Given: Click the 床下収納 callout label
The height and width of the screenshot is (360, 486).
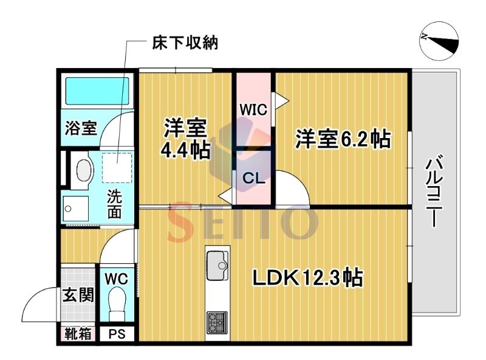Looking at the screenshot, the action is pos(185,43).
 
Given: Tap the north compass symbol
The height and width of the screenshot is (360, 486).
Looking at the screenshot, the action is pos(439,41).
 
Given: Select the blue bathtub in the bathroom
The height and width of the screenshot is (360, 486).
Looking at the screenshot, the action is pos(97,91).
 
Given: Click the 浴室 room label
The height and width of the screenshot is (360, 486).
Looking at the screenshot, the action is pos(81,128).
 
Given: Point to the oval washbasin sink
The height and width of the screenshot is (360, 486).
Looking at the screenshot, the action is pos(84,170).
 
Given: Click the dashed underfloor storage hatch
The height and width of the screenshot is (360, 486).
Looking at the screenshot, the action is pos(117,168).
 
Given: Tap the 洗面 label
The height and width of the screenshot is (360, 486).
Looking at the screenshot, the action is pos(114,204).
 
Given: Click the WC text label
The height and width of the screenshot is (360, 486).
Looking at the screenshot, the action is pos(116,279).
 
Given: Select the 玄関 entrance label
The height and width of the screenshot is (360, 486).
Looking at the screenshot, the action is pos(78,295).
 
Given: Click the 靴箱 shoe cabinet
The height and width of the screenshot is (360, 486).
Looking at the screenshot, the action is pos(78,334).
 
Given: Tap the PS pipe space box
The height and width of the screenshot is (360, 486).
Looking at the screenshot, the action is pos(117,334).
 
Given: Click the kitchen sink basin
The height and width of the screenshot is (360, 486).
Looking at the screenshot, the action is pos(217,265).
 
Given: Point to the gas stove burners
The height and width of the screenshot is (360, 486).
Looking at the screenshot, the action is pos(217,322).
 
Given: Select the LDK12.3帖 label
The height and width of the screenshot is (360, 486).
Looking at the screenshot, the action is pos(308,277).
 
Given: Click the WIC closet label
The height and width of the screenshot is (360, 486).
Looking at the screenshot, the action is pos(253,109).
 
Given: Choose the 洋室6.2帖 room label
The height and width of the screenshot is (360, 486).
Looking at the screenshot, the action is pos(343,139).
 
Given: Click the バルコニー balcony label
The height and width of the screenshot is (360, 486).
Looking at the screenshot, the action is pos(435,190).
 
